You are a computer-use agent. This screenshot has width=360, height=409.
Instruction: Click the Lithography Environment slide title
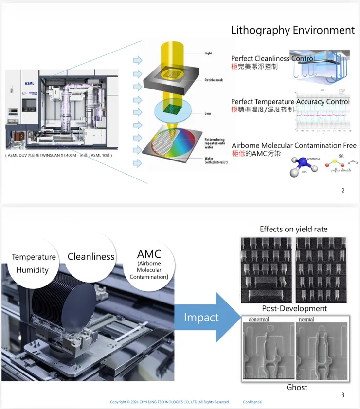292,30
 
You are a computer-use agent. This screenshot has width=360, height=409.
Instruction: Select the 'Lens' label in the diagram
208,114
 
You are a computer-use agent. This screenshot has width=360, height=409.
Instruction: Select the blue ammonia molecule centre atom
302,162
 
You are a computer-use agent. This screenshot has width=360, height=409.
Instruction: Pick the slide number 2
343,191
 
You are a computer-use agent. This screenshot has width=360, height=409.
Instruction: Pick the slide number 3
343,395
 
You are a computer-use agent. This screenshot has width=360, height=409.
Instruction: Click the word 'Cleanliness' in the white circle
91,257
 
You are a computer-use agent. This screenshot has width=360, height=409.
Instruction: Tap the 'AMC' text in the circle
149,253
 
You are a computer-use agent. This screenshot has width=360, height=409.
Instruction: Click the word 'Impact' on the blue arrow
201,318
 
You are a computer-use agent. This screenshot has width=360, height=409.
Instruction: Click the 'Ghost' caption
297,388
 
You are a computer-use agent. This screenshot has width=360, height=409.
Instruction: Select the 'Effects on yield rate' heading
293,229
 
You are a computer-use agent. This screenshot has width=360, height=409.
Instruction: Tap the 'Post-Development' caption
294,308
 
